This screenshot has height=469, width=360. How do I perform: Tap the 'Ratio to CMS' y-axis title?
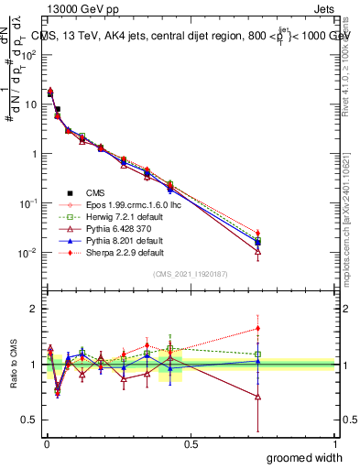tap(11, 364)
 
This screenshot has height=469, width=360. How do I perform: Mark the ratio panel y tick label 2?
tap(33, 309)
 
